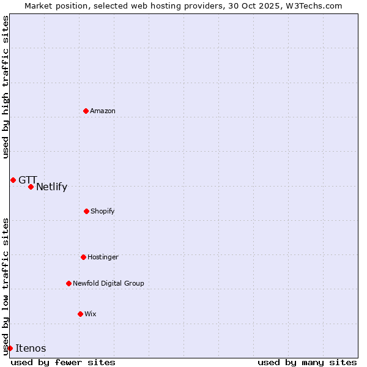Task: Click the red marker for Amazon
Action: click(86, 111)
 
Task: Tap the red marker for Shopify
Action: click(86, 211)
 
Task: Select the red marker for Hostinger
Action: click(83, 257)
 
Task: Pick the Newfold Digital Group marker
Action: click(69, 283)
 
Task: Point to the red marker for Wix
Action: click(80, 314)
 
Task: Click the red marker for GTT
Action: click(13, 180)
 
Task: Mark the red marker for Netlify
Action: click(31, 187)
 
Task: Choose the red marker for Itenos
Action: click(10, 348)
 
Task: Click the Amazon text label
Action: click(103, 111)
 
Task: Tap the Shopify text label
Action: click(103, 212)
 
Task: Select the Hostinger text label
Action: click(103, 258)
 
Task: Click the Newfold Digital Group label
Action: click(108, 284)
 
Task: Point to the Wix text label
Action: click(91, 314)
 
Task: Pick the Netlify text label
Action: click(51, 187)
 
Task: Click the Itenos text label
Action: click(31, 349)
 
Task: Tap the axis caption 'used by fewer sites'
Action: click(63, 362)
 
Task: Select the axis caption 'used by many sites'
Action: click(307, 362)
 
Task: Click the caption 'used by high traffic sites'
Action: click(6, 87)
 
